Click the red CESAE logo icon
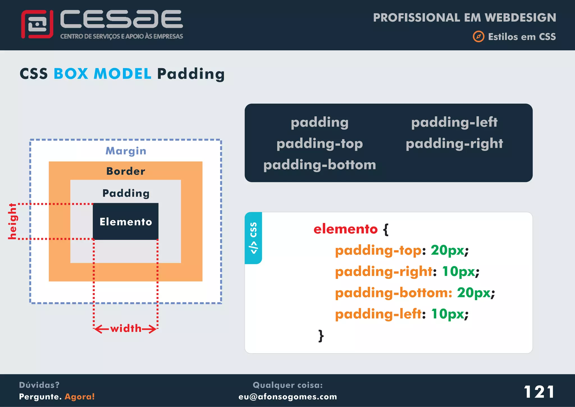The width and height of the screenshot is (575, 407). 37,24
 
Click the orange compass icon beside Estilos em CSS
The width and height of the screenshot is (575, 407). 478,37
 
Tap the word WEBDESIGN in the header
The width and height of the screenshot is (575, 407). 520,17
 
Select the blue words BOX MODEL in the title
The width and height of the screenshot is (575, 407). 102,74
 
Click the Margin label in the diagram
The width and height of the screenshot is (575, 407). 126,151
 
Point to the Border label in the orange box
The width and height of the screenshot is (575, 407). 126,171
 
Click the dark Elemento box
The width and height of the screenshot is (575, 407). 126,221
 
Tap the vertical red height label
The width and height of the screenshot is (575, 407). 12,221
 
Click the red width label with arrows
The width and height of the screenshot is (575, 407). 126,328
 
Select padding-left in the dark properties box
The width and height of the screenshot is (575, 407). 454,122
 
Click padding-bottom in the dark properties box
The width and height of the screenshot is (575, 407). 320,165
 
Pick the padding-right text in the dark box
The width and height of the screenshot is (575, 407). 454,143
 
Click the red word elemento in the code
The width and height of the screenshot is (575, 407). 346,229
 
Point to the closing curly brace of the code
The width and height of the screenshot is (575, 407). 321,336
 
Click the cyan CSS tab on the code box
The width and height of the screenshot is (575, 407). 253,238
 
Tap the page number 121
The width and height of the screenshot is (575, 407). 539,392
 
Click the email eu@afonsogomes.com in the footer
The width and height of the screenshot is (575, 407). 287,397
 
